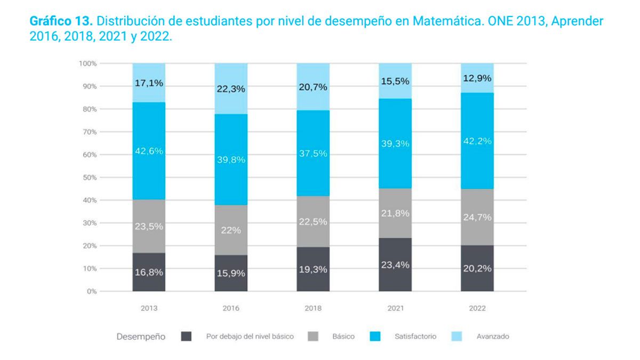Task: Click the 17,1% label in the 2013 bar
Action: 149,83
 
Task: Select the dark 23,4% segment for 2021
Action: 395,265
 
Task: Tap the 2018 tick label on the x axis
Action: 313,309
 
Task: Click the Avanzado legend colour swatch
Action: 457,337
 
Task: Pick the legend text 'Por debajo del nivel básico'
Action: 250,337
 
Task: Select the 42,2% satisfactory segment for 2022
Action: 477,141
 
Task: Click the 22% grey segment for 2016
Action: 231,230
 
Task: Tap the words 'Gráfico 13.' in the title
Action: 61,22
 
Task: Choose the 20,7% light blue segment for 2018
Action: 313,87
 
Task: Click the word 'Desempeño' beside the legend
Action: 141,337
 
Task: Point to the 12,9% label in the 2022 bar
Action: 477,78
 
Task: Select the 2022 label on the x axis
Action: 477,309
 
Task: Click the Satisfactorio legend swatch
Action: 375,337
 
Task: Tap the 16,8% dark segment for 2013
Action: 149,272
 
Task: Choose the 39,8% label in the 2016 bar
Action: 231,159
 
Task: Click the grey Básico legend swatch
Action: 313,337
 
